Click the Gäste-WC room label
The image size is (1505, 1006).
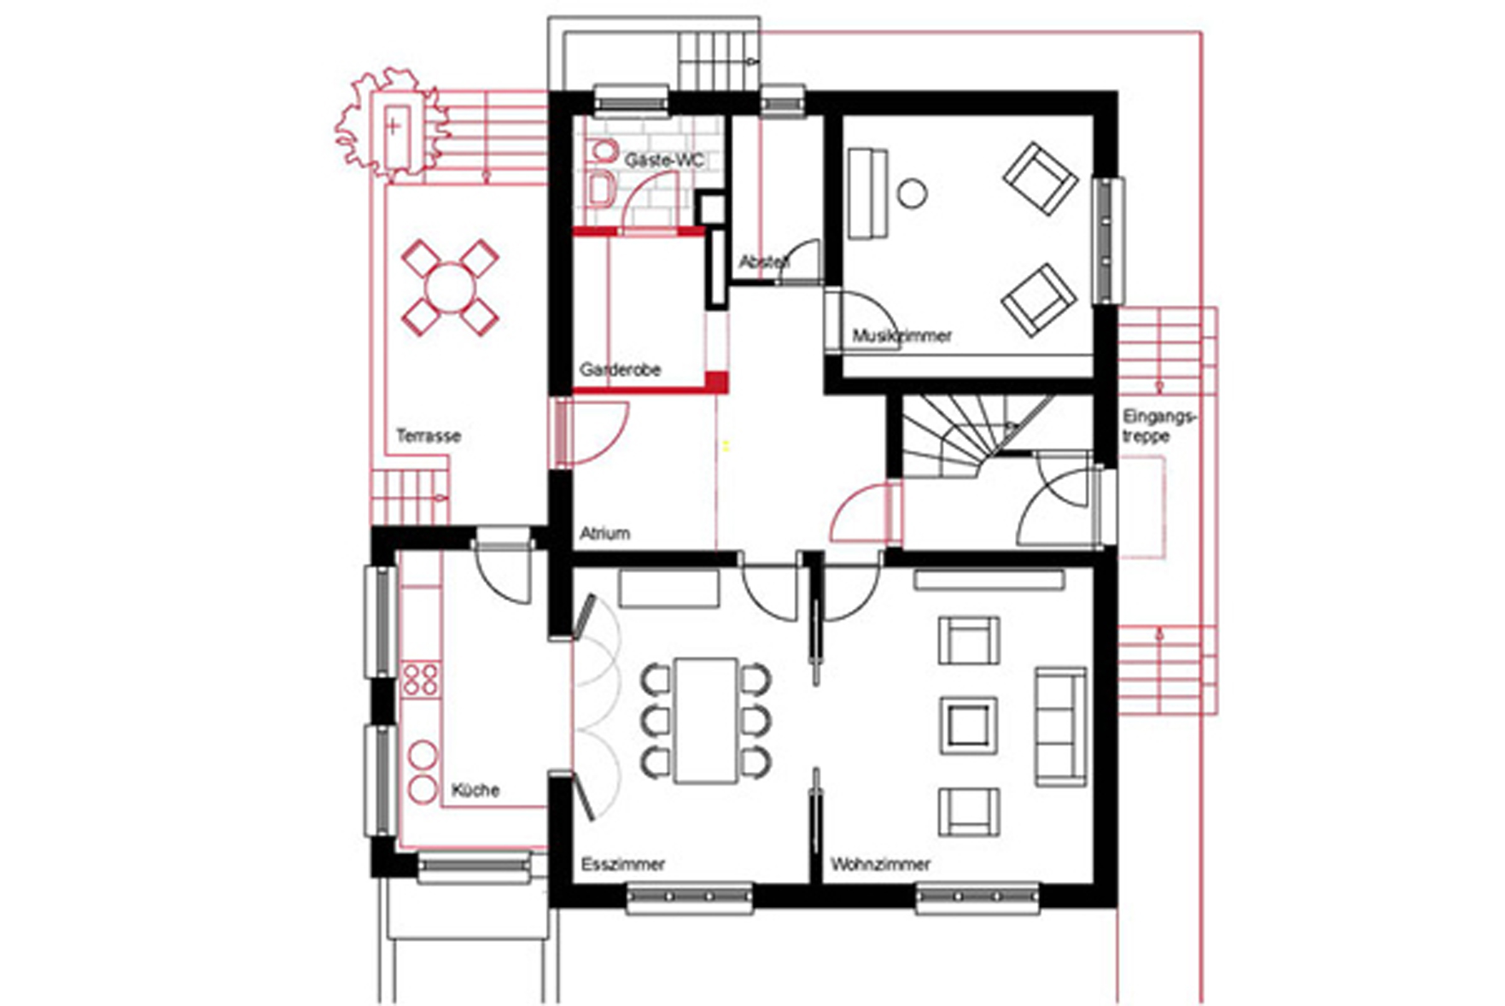[664, 160]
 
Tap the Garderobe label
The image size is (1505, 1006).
[621, 370]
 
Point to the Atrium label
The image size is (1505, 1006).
[605, 534]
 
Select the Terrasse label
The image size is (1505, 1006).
[429, 436]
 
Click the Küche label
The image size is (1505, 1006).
[475, 790]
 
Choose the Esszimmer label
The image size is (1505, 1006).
[623, 864]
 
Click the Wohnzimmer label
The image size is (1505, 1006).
[881, 864]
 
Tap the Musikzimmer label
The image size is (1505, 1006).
[902, 336]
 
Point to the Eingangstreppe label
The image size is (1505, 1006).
[1160, 426]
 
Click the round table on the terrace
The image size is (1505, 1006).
[449, 287]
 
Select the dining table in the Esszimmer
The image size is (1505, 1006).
[706, 720]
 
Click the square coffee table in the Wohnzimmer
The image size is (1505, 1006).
[969, 725]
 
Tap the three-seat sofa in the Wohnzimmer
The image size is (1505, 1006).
[1061, 727]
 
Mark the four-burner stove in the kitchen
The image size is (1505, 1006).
[420, 680]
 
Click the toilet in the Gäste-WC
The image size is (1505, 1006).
[603, 150]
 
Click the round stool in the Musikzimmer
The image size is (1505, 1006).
[912, 193]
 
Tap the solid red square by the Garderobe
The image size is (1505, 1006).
[716, 382]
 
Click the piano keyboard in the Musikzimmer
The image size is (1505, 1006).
[868, 194]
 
